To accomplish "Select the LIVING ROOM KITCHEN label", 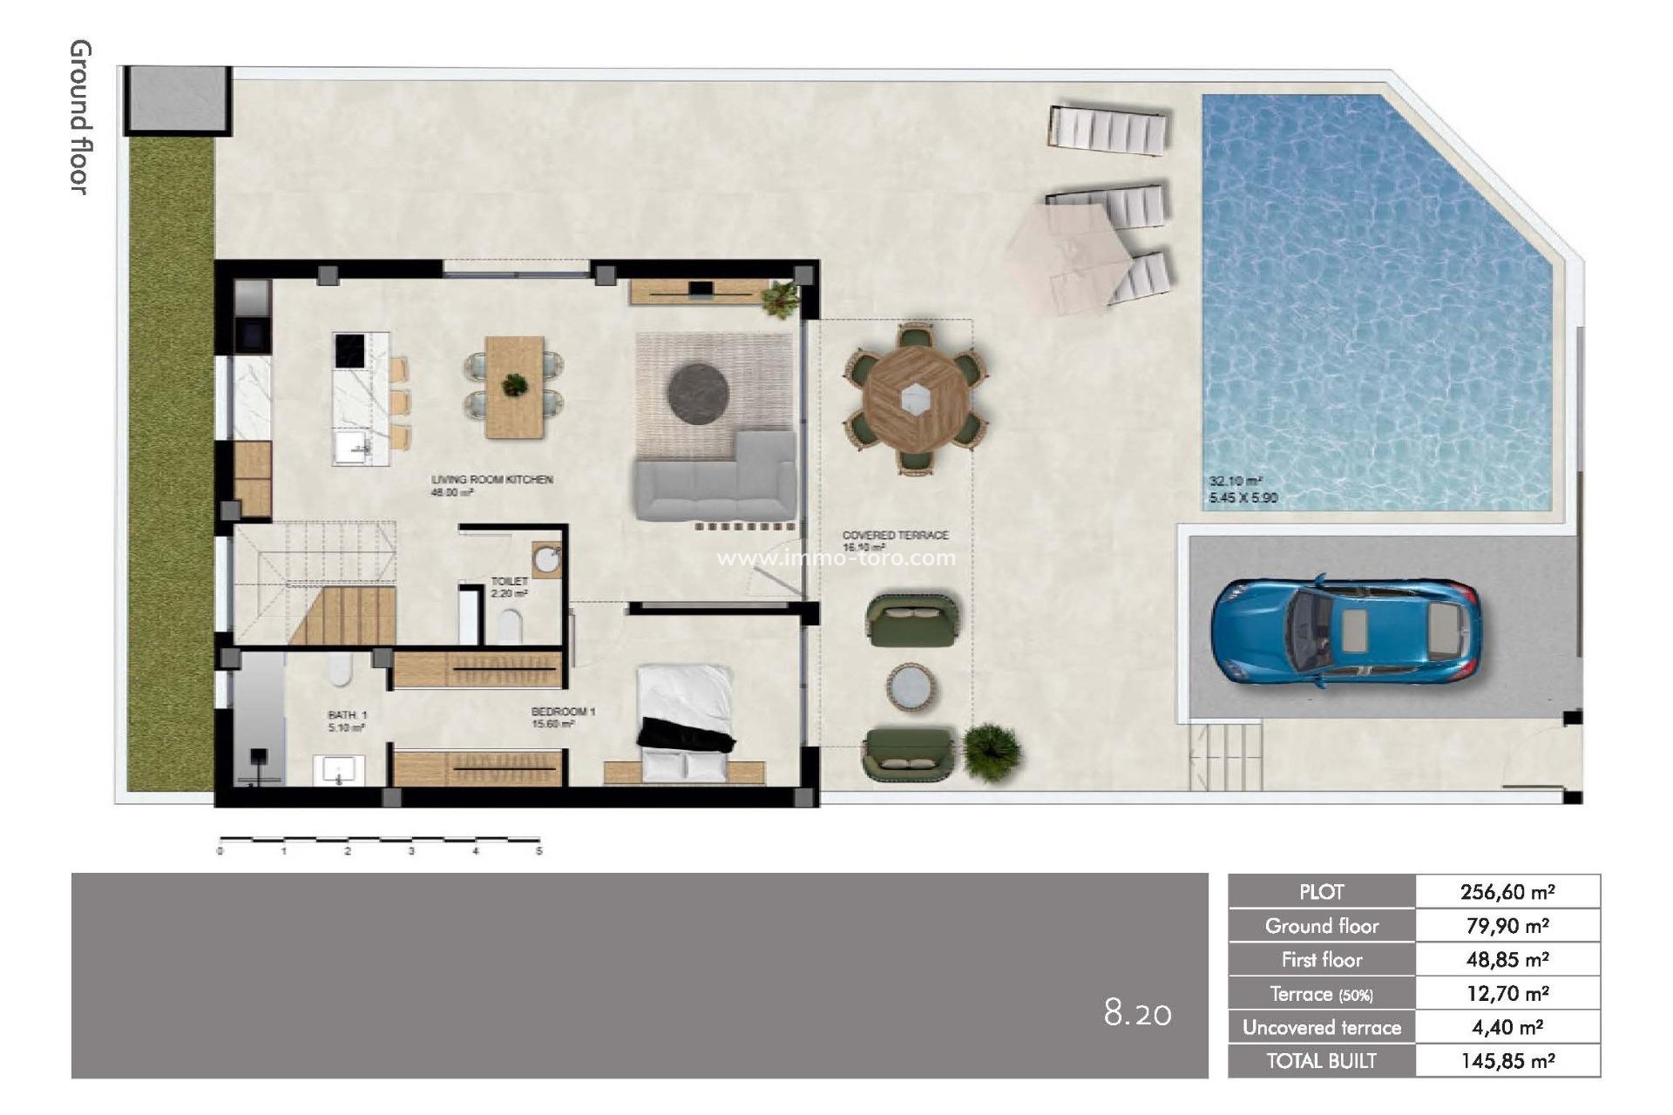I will click(492, 480).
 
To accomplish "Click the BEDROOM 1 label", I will click(563, 713).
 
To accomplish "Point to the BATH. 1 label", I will click(348, 715).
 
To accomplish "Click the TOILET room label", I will click(509, 581).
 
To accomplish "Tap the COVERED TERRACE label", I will click(895, 535).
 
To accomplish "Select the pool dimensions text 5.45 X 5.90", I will click(1243, 498).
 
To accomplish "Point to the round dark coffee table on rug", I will click(698, 394).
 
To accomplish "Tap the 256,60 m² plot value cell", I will click(1507, 892).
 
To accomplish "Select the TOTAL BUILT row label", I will click(1321, 1061).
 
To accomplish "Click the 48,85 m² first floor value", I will click(1507, 960).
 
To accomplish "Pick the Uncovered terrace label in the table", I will click(1321, 1028).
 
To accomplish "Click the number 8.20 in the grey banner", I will click(1137, 1013).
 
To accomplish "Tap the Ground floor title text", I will click(80, 118).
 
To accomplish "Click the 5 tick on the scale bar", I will click(538, 850).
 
